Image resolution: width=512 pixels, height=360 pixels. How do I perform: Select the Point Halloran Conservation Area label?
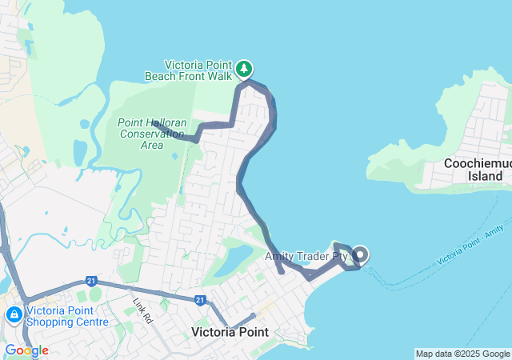pos(152,134)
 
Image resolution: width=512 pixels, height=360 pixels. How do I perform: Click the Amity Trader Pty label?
pos(306,257)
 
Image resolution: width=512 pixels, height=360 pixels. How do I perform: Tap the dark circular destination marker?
pos(360,255)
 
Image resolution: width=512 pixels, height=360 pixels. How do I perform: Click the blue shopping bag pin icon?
pos(14,314)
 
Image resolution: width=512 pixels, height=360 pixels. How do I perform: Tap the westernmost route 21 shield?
pos(92,282)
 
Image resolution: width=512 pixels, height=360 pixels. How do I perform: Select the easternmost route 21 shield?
pos(200,300)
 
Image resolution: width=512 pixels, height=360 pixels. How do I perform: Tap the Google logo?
pos(26,350)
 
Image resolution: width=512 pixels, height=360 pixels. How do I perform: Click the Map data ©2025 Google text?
pos(462,354)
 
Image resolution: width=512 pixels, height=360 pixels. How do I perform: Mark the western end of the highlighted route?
pos(154,123)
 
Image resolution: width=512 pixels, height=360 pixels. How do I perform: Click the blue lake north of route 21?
pos(235,260)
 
